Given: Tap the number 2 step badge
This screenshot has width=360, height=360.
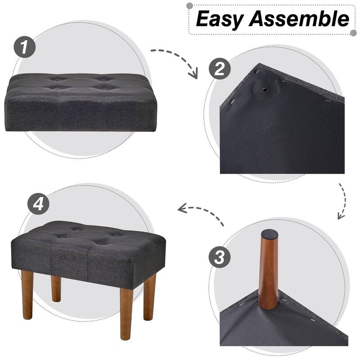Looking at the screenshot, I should click(220, 69).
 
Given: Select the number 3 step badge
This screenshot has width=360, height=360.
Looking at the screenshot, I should click(220, 257).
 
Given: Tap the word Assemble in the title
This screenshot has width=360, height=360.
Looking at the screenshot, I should click(299, 19).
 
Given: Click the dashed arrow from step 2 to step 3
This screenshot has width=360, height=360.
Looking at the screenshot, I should click(342, 200).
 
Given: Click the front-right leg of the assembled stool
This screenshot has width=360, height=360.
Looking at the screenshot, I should click(126, 313).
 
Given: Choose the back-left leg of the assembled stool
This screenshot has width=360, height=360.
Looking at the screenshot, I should click(56, 288).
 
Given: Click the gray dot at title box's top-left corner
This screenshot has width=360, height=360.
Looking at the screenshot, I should click(189, 5).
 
